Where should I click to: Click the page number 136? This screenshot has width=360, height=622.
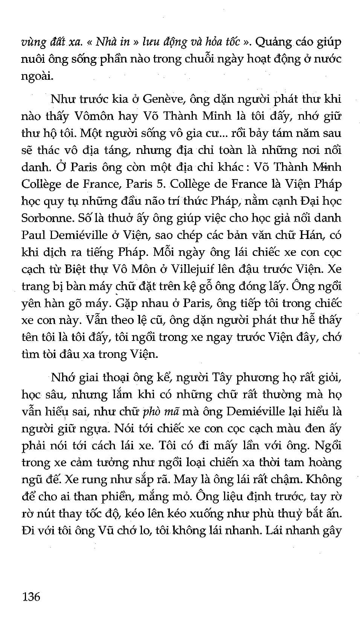[32, 596]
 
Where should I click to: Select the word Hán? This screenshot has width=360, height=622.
[308, 235]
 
